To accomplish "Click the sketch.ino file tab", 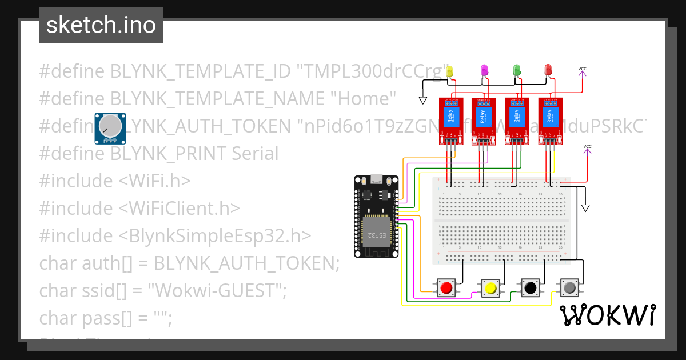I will (101, 25).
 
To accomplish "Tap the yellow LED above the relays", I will (449, 71).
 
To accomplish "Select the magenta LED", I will (484, 70).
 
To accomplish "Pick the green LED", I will (517, 70).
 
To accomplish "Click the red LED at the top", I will (548, 70).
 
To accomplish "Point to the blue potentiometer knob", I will (110, 127).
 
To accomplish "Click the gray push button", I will (569, 287).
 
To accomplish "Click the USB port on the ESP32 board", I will (376, 179).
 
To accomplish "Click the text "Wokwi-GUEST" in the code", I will (217, 291).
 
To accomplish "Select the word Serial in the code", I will (255, 154).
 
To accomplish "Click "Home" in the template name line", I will (364, 99).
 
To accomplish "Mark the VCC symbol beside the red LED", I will (582, 70).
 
